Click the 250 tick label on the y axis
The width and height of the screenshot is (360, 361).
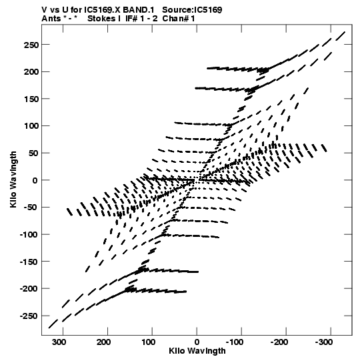click(31, 45)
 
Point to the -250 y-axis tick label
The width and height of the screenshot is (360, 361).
click(29, 316)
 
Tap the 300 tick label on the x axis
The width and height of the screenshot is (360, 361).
click(59, 342)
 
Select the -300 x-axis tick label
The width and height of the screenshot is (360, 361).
click(323, 342)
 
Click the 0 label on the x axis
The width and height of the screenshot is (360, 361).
click(197, 342)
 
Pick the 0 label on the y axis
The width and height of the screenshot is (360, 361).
click(35, 180)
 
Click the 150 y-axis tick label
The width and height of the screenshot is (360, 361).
click(31, 99)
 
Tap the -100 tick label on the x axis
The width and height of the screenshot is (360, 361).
click(235, 342)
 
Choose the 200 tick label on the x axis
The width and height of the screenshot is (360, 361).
click(103, 342)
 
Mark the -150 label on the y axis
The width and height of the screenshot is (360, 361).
click(29, 262)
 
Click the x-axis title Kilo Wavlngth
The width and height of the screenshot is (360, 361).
click(197, 350)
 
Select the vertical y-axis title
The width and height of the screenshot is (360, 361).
click(13, 179)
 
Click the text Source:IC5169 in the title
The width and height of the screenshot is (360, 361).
click(192, 10)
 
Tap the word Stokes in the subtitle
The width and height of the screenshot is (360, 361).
click(104, 19)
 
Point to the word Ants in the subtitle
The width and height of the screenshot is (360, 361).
click(51, 19)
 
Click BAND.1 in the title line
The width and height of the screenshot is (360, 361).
click(139, 10)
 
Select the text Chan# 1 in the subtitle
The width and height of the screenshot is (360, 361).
click(179, 19)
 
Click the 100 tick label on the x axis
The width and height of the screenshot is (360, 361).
click(149, 342)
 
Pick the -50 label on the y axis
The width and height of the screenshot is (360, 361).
click(31, 208)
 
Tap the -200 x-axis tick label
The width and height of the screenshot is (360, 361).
click(279, 342)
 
